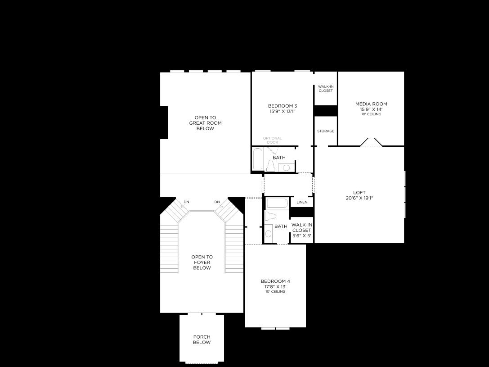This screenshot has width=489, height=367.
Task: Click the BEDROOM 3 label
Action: coord(283,106)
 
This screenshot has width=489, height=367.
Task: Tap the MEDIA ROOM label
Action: coord(371,104)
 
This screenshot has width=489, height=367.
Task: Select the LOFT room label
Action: coord(359,193)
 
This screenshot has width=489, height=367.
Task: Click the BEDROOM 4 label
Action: coord(275,281)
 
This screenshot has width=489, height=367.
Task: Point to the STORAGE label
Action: coord(326,131)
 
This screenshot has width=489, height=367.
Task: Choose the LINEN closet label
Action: coord(302,202)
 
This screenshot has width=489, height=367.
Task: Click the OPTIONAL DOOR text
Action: coord(273,140)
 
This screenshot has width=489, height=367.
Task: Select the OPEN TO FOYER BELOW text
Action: coord(202,263)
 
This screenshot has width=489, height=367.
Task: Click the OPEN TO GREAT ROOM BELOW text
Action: coord(205,123)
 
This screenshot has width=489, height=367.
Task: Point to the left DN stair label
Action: coord(186,202)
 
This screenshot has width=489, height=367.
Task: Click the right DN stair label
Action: coord(217,202)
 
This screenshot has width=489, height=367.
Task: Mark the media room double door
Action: coord(371,142)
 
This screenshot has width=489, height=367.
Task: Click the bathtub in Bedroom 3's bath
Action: coord(258,159)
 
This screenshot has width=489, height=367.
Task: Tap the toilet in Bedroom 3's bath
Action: coord(271,166)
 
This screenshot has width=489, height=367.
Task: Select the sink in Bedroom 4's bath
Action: coord(269,234)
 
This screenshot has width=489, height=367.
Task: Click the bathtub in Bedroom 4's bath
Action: coord(277,203)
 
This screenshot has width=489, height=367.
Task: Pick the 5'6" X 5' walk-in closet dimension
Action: coord(301,236)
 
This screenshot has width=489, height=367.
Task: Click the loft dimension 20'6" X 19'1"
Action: coord(359,198)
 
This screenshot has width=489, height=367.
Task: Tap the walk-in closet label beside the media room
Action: coord(326,88)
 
